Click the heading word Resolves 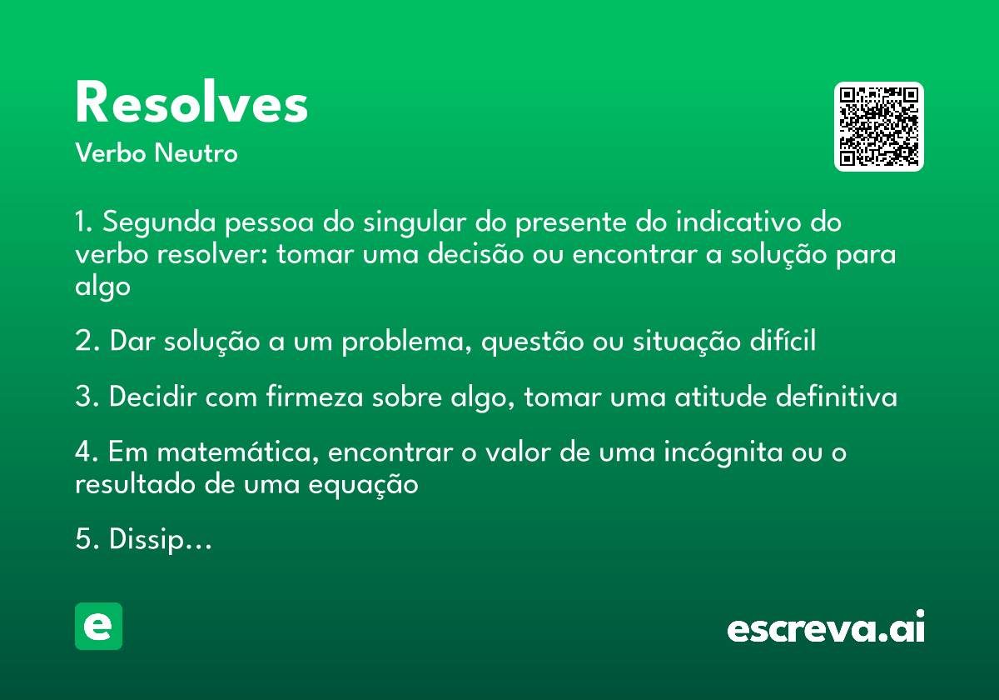point(191,104)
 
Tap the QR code point(879,127)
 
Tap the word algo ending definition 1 point(102,286)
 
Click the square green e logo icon point(98,626)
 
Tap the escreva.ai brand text point(826,628)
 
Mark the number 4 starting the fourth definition point(83,453)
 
